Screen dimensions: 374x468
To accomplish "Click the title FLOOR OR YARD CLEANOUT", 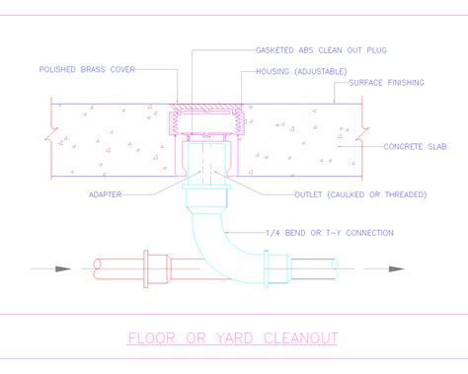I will click(234, 339).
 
